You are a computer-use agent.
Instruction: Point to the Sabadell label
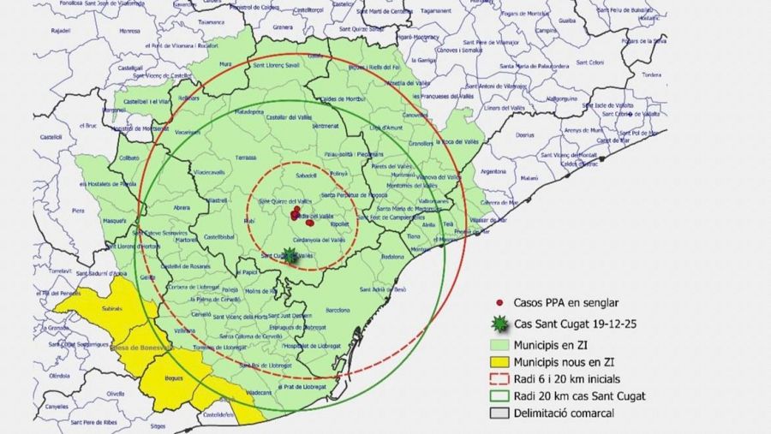tap(307, 175)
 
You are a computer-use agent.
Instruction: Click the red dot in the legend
tap(498, 302)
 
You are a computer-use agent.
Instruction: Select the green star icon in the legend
tap(498, 324)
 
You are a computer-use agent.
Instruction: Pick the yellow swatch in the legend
tap(498, 361)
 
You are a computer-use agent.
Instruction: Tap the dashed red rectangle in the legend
tap(498, 378)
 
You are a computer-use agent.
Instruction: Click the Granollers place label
tap(421, 144)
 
